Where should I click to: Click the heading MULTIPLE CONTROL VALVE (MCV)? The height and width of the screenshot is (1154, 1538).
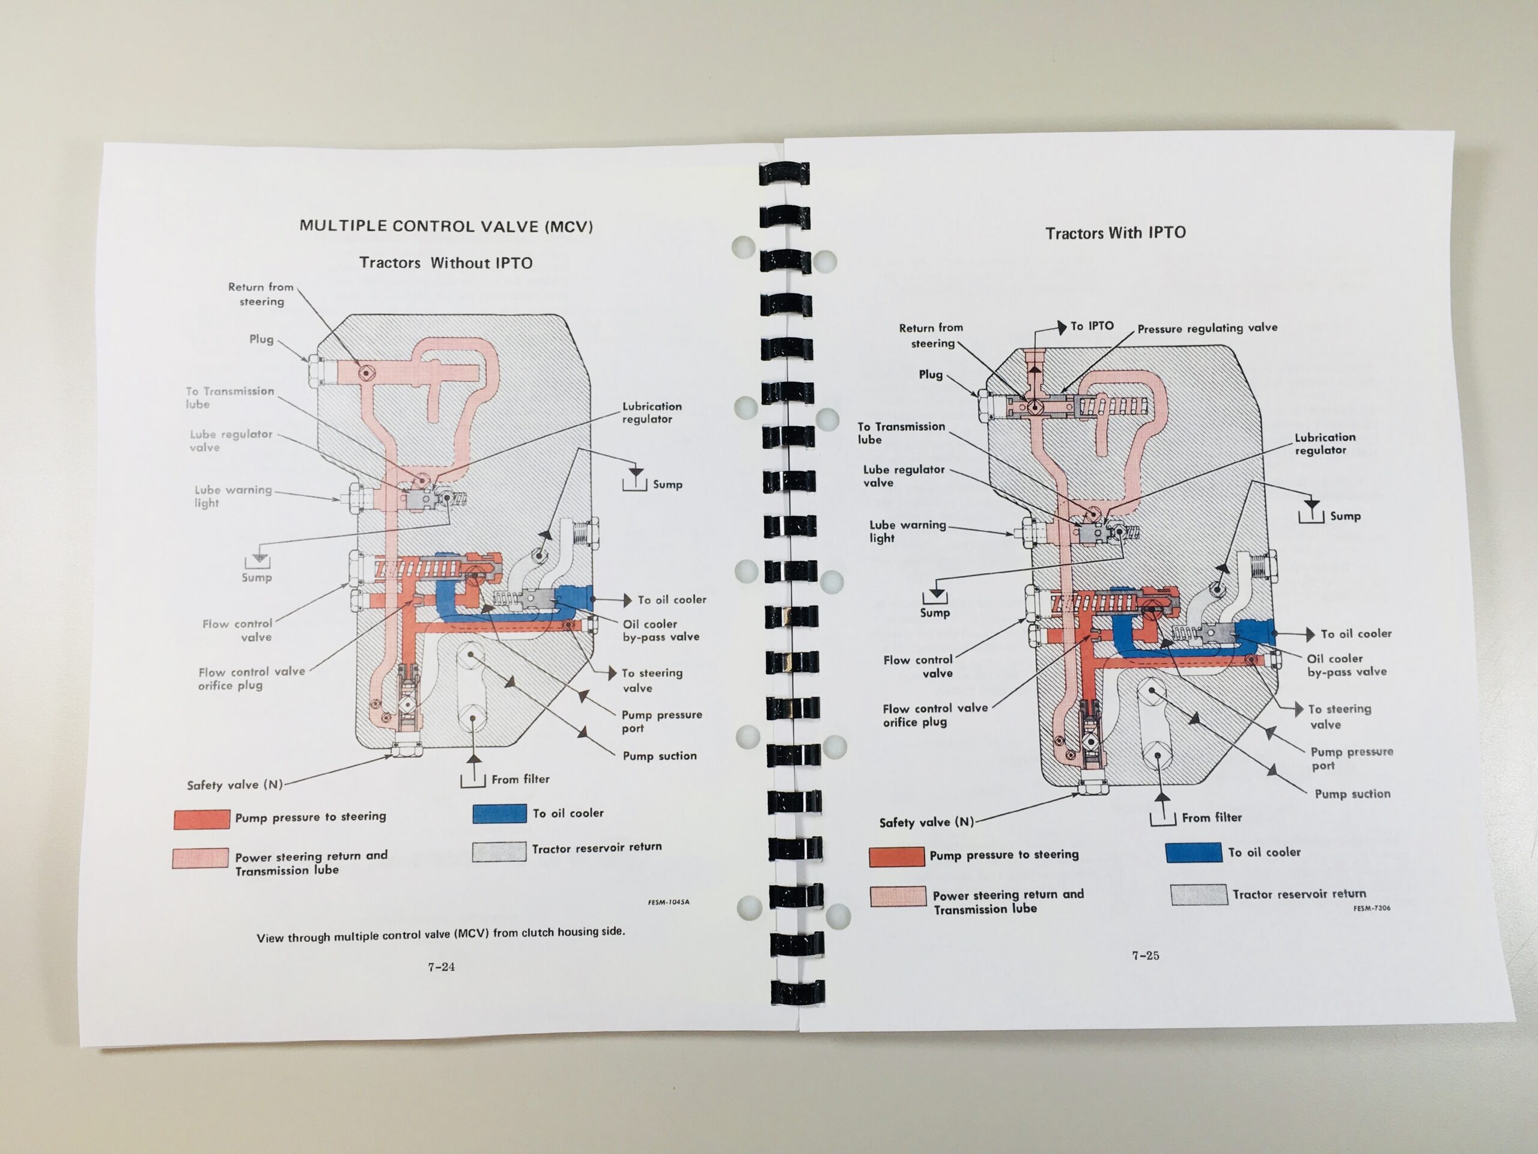pos(446,226)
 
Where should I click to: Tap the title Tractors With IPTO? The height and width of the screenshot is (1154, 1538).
pos(1115,233)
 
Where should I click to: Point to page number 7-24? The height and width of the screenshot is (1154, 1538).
pos(442,966)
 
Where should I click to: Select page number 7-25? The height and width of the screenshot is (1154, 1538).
pos(1145,955)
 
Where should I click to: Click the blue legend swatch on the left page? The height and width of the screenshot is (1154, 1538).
pos(499,813)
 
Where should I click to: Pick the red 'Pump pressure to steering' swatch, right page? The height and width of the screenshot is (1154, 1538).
pos(896,856)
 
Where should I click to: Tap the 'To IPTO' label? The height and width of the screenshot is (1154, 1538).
pos(1092,326)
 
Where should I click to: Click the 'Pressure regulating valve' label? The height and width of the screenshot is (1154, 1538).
pos(1207,328)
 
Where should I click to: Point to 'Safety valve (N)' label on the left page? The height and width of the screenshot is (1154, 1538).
pos(234,784)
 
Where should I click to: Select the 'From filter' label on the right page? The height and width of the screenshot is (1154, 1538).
pos(1211,817)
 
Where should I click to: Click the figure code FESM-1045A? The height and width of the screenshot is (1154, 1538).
pos(668,902)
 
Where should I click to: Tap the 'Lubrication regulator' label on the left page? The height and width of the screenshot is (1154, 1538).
pos(651,412)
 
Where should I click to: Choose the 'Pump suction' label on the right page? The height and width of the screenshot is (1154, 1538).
pos(1352,794)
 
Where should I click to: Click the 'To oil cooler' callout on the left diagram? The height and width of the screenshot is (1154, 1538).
pos(672,600)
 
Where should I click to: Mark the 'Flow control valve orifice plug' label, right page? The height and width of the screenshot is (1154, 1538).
pos(934,715)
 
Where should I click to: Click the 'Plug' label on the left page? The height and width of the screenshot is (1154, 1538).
pos(261,339)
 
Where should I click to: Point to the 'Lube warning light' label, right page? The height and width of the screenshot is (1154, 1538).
pos(907,531)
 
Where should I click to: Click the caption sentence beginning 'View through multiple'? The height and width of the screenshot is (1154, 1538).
pos(440,934)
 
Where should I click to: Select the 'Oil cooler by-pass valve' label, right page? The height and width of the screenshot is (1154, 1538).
pos(1346,664)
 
